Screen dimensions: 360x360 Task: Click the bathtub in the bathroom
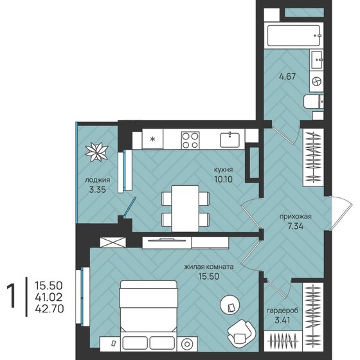point(294,35)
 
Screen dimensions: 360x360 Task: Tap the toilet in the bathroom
point(314,102)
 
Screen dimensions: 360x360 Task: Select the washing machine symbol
point(316,81)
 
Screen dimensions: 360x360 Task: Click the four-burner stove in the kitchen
point(190,140)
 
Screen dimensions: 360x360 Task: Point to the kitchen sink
point(230,140)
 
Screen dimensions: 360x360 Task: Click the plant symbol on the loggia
point(96,152)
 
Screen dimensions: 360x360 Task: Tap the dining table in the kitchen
point(185,208)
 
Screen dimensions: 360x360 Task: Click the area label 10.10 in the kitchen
point(223,179)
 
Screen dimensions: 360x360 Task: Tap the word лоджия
point(97,180)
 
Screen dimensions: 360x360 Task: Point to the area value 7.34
point(296,226)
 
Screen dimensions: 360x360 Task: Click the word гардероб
point(282,310)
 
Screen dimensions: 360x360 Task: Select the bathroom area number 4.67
point(287,76)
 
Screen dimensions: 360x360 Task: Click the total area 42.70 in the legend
point(50,309)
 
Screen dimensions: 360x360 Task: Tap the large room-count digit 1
point(12,296)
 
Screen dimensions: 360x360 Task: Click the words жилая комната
point(209,267)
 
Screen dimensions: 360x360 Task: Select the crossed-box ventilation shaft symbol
point(113,242)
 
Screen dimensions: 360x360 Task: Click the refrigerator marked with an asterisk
point(152,139)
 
